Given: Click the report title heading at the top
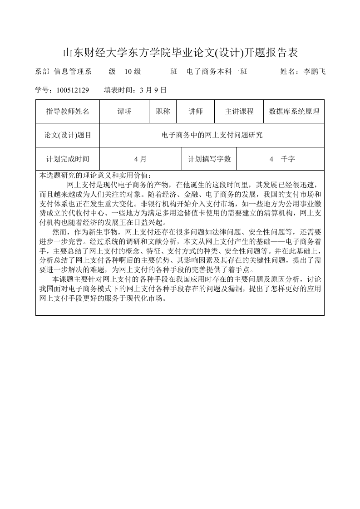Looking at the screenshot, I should tap(180, 53).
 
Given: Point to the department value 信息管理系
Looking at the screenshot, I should tap(73, 72).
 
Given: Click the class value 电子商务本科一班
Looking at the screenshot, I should tap(217, 72).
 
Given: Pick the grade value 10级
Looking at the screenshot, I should tap(133, 72).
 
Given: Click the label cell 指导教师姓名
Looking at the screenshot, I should tap(68, 112).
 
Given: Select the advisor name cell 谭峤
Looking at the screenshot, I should tap(124, 112).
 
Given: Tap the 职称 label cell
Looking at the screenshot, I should tap(163, 112).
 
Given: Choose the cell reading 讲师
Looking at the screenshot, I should tap(196, 112).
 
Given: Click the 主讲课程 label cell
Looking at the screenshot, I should tap(239, 112).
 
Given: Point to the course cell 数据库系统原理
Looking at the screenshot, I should tap(294, 112).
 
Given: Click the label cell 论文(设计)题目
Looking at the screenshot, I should tap(68, 135).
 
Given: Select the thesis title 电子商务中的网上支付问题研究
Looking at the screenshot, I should tap(212, 135).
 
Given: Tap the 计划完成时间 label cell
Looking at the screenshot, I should tap(68, 159).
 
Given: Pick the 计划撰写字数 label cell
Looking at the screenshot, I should tap(209, 159).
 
